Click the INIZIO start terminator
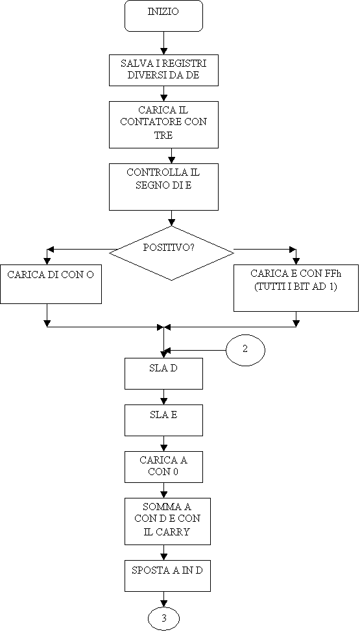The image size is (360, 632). point(163,16)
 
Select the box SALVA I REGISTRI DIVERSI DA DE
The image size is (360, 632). point(163,70)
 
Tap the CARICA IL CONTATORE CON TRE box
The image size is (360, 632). point(163,124)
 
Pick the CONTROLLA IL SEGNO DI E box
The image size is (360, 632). point(163,187)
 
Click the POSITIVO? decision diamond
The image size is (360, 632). point(171,253)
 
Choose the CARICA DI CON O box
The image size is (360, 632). point(51,284)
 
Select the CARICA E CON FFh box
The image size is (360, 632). point(296,288)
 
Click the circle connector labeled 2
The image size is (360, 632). point(245,350)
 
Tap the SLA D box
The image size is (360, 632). point(163,373)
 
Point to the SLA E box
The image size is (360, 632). point(163,421)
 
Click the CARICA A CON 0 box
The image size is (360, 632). point(163,467)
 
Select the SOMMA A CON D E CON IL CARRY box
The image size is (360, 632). point(167,522)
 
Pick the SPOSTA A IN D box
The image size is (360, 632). point(167,576)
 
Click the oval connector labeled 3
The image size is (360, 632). point(163,618)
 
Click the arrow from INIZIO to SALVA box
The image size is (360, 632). point(163,43)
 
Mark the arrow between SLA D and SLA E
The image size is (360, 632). point(163,397)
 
